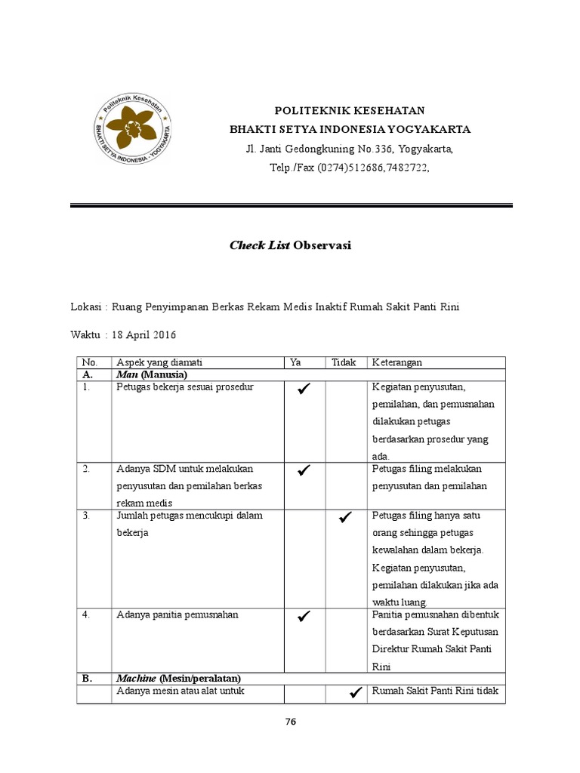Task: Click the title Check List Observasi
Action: (x=291, y=245)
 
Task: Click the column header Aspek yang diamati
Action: (x=159, y=363)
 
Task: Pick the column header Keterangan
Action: (x=396, y=363)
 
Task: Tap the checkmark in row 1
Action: (x=304, y=389)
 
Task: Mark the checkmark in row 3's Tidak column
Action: (x=346, y=517)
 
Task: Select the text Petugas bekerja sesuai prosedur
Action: (x=185, y=387)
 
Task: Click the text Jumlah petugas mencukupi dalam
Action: (x=189, y=516)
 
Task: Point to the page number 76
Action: (x=291, y=722)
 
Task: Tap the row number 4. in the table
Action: (x=87, y=614)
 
